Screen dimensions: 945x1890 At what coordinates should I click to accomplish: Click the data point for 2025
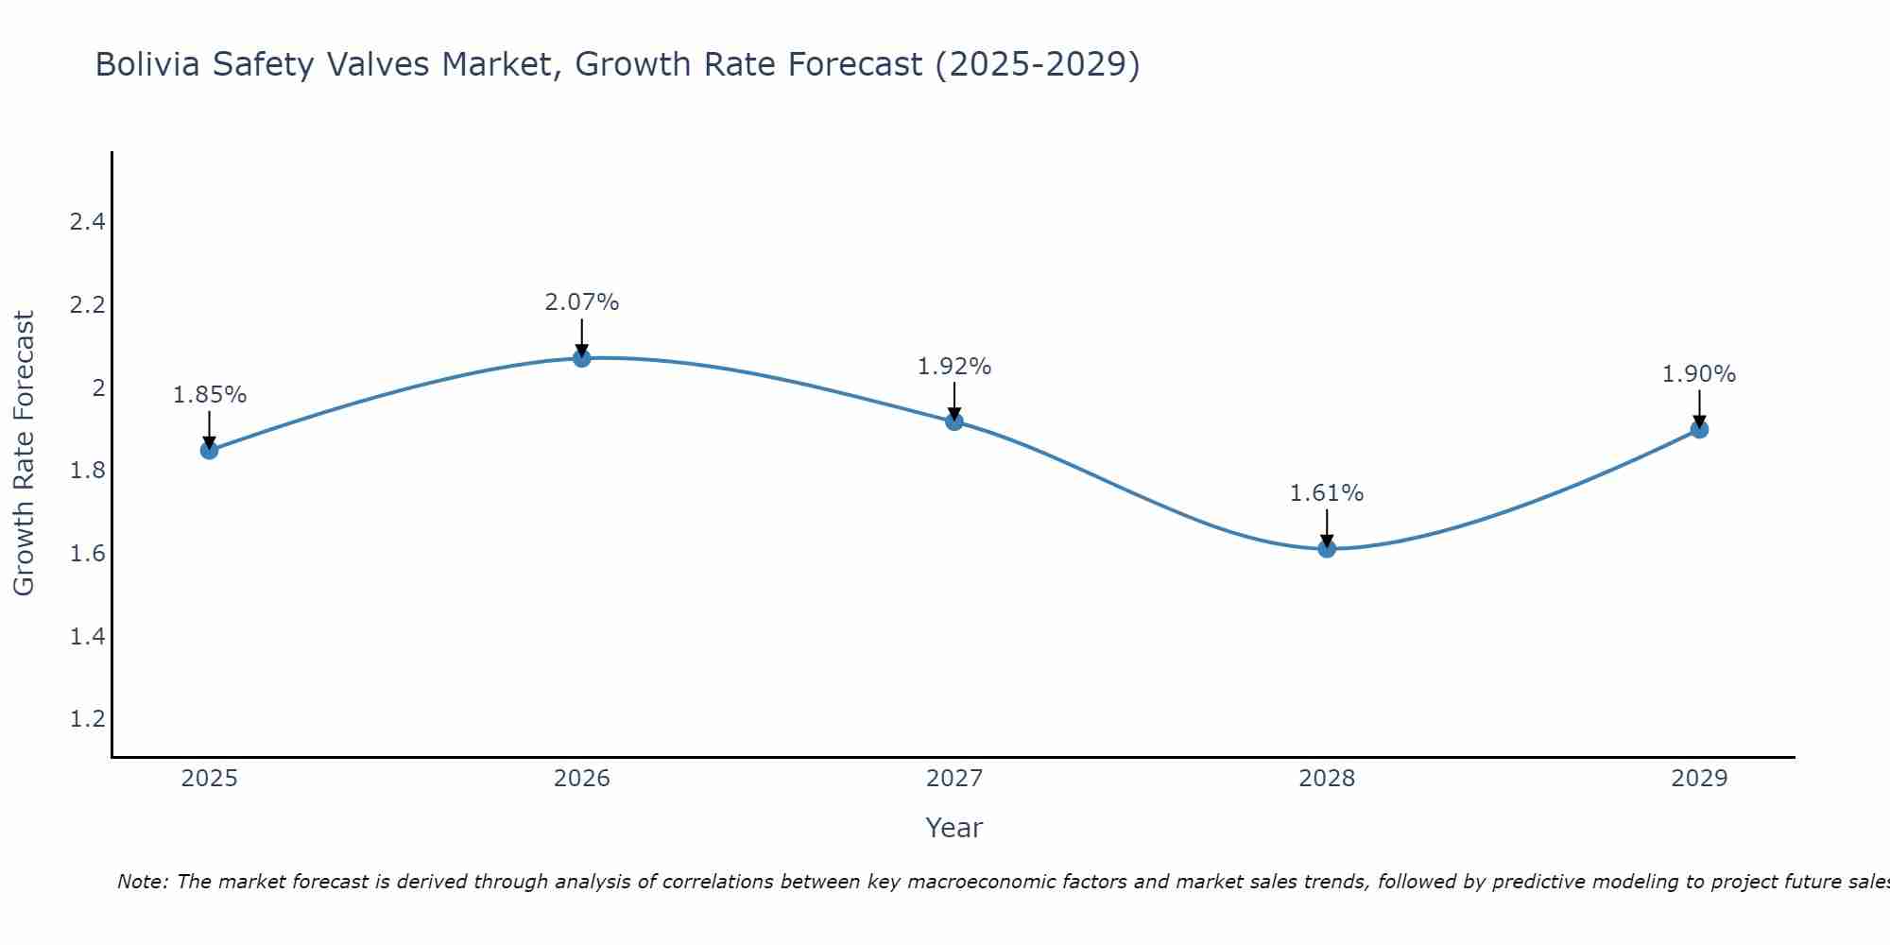[x=210, y=450]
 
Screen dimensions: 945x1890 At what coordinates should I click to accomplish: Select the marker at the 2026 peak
[x=582, y=358]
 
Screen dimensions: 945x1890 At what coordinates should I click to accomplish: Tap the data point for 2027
[x=954, y=421]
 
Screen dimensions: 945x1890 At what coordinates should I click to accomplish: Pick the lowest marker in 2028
[x=1327, y=548]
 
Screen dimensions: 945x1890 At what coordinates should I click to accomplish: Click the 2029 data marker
[x=1699, y=429]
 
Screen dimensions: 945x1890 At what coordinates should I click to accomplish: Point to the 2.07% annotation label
[x=582, y=302]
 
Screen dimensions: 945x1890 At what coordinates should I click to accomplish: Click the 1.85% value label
[x=210, y=395]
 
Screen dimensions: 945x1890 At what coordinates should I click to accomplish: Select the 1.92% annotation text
[x=954, y=367]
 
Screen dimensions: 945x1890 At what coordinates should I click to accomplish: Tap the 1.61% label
[x=1327, y=493]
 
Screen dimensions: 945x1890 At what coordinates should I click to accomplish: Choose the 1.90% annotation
[x=1699, y=374]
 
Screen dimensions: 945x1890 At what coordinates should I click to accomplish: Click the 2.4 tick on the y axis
[x=87, y=222]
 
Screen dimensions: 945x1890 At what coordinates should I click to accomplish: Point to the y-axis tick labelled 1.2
[x=87, y=719]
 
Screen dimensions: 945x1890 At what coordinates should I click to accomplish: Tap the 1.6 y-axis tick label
[x=87, y=554]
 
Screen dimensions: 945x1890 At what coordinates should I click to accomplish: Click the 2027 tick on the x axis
[x=954, y=779]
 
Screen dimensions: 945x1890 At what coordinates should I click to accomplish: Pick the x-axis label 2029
[x=1699, y=779]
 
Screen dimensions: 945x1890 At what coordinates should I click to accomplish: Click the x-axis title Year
[x=954, y=828]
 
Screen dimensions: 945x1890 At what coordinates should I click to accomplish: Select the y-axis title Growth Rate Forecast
[x=24, y=454]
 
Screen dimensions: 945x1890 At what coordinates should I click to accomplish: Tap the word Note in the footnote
[x=142, y=882]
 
